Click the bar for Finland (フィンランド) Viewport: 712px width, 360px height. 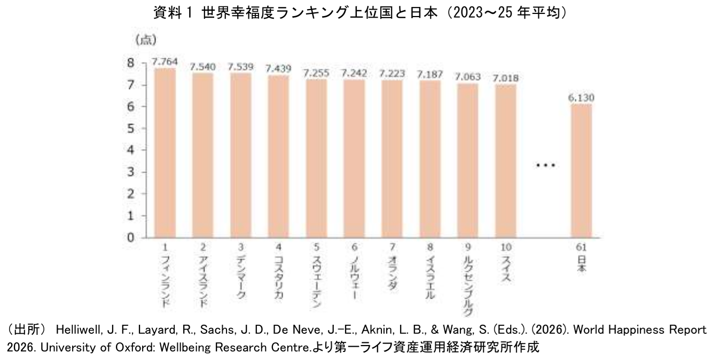click(165, 153)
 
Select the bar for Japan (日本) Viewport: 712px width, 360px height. click(581, 170)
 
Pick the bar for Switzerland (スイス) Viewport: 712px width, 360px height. click(505, 161)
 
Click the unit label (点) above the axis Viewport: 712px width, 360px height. click(145, 40)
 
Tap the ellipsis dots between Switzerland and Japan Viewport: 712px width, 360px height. click(546, 166)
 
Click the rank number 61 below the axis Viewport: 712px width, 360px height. click(582, 247)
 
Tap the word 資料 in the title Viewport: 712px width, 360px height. click(165, 13)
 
